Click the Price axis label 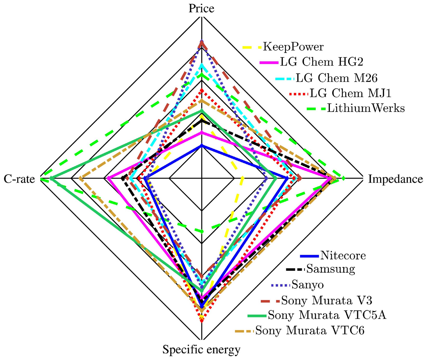point(201,8)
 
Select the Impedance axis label point(395,179)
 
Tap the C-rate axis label point(19,179)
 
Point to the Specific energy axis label point(201,350)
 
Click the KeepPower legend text point(293,47)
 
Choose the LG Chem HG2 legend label point(321,62)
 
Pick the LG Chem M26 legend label point(337,78)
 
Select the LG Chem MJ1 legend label point(350,93)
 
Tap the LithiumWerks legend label point(366,108)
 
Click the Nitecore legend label point(343,256)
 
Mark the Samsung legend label point(331,269)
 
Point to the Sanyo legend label point(308,285)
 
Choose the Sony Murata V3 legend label point(326,300)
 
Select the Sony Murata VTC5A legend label point(327,315)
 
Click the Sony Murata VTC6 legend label point(310,330)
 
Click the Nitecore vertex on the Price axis point(201,145)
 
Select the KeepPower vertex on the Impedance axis point(243,179)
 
